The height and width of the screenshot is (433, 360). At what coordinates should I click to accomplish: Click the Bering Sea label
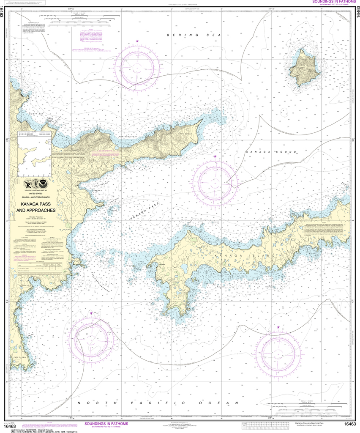pos(188,35)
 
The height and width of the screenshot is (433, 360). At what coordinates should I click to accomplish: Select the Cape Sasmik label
pos(21,358)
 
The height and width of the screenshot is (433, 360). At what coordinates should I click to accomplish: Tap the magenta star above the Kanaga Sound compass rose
pos(215,156)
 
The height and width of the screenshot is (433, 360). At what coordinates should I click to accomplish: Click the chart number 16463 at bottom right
pos(350,424)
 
